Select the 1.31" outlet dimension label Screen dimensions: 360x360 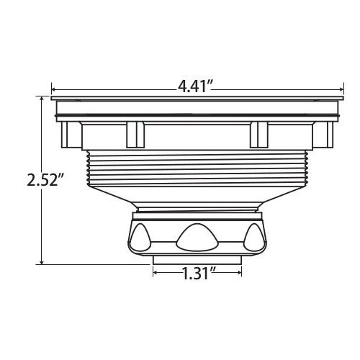click(197, 274)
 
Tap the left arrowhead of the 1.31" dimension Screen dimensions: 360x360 click(156, 274)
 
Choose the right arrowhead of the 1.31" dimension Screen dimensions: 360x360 click(238, 274)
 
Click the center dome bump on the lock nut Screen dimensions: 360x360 click(196, 235)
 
